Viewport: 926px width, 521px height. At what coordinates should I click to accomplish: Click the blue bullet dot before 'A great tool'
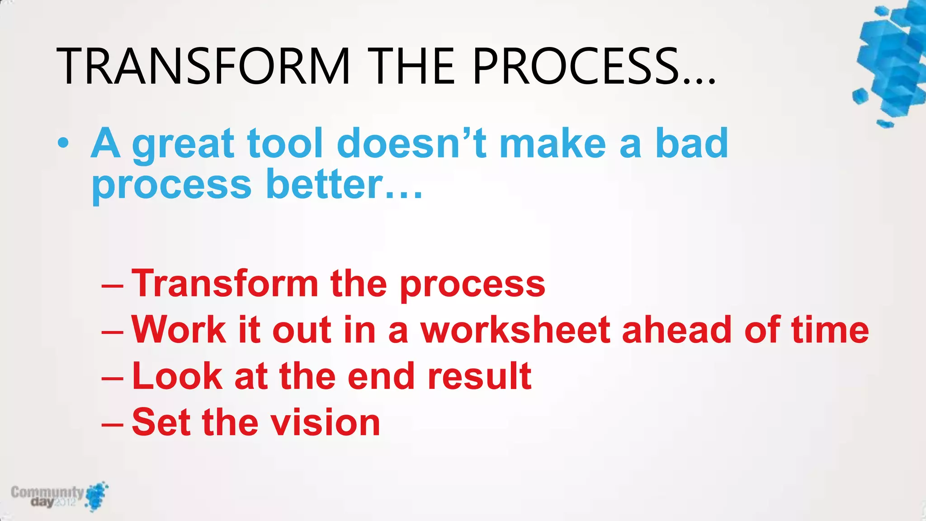(x=63, y=144)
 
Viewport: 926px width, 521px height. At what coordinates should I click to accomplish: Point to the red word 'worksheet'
(x=515, y=330)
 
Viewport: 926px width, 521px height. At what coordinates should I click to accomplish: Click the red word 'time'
(x=830, y=330)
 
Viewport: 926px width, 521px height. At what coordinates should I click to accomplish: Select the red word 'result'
(x=479, y=376)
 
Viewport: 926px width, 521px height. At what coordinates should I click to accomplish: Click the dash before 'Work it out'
(x=112, y=332)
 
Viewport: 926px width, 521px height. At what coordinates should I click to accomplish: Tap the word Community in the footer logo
(x=47, y=492)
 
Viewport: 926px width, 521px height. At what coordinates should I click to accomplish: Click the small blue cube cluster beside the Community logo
(x=97, y=496)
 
